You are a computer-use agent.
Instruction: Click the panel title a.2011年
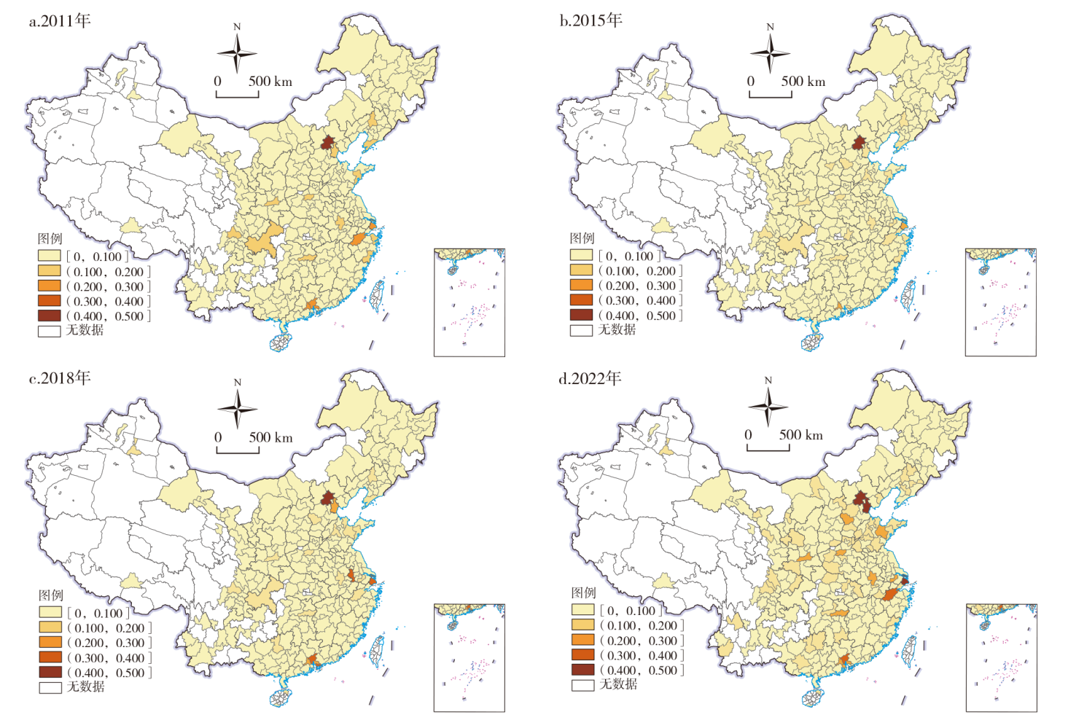point(60,20)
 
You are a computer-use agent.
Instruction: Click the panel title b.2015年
point(591,20)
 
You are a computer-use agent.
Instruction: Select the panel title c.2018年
point(60,377)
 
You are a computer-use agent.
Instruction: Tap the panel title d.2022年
point(590,377)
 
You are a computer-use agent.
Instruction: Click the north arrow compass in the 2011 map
point(237,52)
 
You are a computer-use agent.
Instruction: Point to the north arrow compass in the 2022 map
point(768,407)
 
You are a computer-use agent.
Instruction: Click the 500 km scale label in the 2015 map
point(803,82)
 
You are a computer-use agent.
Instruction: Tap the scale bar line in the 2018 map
point(238,451)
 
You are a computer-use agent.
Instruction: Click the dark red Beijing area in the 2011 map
point(328,141)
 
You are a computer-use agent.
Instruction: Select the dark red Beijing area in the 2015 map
point(859,142)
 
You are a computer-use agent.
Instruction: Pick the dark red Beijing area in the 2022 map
point(861,499)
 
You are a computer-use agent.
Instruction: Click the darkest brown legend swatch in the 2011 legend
point(50,316)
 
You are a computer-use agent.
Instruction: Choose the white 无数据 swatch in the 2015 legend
point(581,330)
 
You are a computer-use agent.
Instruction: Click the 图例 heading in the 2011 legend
point(50,238)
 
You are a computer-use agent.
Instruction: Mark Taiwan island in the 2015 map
point(908,294)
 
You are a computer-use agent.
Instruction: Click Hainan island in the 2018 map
point(281,697)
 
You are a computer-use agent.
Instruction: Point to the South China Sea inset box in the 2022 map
point(1000,657)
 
